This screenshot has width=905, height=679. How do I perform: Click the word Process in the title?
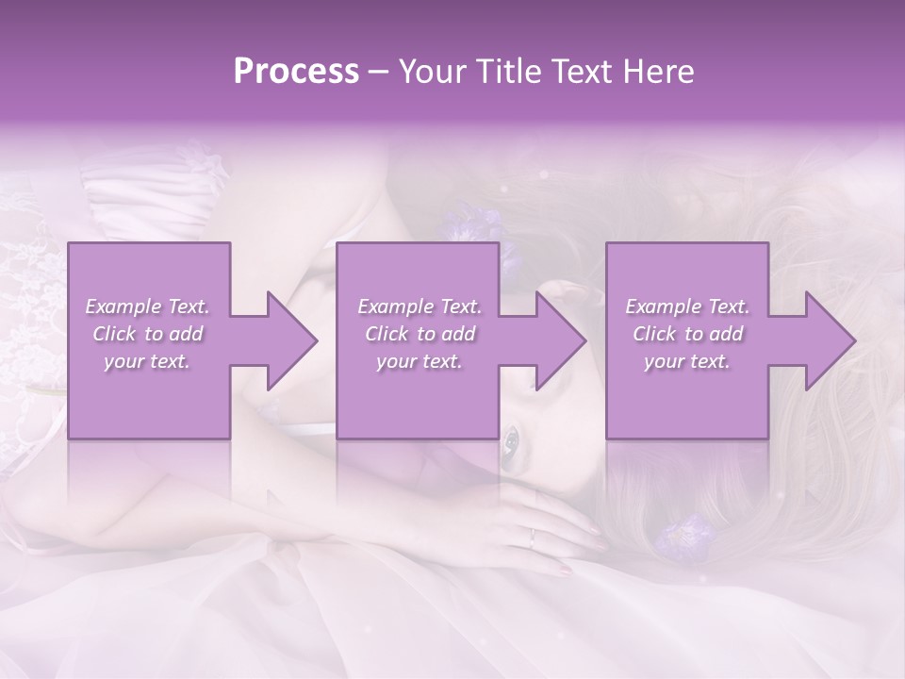[x=296, y=72]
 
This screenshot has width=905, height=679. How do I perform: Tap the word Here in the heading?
[x=660, y=72]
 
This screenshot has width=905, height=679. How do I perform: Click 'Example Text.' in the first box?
[x=148, y=306]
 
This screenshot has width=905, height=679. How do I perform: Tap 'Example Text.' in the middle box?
[x=420, y=306]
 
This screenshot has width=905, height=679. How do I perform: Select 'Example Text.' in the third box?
[x=687, y=306]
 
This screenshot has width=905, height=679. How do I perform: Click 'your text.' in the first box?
[x=148, y=362]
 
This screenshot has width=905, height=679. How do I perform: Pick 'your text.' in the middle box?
[x=420, y=362]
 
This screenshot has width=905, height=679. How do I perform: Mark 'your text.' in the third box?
[x=687, y=362]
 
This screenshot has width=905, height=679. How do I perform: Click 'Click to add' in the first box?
[x=148, y=334]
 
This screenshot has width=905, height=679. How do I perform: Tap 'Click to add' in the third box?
[x=687, y=334]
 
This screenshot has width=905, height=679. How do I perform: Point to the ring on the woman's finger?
[x=533, y=538]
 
